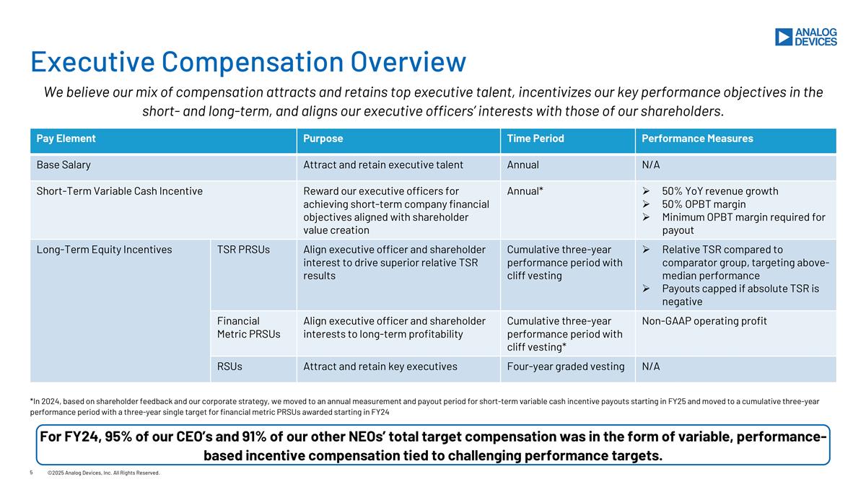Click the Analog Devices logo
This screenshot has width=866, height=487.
pos(805,37)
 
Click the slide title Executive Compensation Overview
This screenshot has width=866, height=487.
pos(248,61)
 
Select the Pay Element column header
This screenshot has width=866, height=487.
pos(66,139)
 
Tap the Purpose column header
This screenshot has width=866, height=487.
pos(323,139)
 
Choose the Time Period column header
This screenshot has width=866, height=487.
pos(535,139)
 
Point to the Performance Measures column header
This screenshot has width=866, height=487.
pos(697,139)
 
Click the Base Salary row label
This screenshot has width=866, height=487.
pos(64,164)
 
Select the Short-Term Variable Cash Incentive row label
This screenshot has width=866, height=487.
pos(120,191)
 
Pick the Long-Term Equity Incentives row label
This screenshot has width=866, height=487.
pos(105,250)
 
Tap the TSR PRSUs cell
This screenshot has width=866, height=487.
pos(243,250)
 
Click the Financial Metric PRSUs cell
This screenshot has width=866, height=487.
pos(249,327)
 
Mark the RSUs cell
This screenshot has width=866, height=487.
pos(229,367)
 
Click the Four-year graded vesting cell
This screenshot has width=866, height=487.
pos(566,367)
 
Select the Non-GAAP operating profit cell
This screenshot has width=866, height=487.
pos(704,321)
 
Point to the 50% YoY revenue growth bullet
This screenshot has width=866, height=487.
pos(720,191)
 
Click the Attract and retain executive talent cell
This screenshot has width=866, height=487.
pos(383,164)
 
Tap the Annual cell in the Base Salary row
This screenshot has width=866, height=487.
pos(523,164)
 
